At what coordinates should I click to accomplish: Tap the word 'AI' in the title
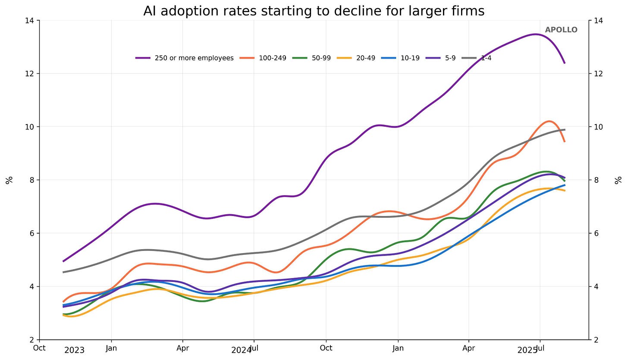tap(149, 11)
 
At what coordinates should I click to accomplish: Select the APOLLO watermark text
tap(561, 30)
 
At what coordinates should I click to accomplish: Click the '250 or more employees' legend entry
tap(194, 58)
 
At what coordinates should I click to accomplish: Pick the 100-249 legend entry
tap(272, 58)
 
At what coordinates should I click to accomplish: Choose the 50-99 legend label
tap(321, 58)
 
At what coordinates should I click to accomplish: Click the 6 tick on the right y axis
tap(597, 233)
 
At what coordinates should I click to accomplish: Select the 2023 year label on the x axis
tap(74, 350)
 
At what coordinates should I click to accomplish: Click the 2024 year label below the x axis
tap(241, 350)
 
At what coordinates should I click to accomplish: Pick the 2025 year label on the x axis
tap(527, 350)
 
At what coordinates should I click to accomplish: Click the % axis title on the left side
tap(9, 180)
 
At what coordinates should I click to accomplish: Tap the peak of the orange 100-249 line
tap(549, 121)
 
